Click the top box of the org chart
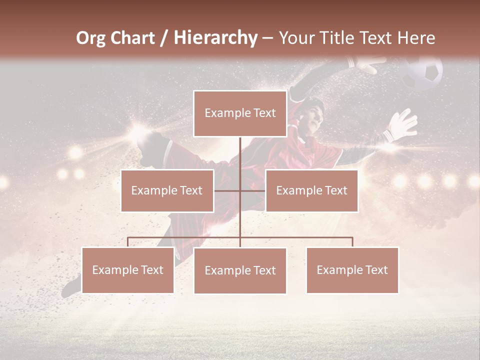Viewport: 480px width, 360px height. pyautogui.click(x=240, y=113)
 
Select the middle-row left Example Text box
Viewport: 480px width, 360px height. pyautogui.click(x=167, y=190)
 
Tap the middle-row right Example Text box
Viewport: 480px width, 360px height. pyautogui.click(x=311, y=190)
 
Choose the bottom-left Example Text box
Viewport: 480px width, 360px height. pyautogui.click(x=127, y=270)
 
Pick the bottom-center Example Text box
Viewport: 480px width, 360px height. pyautogui.click(x=240, y=270)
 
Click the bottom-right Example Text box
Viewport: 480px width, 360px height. pyautogui.click(x=352, y=270)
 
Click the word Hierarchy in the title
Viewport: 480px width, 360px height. pyautogui.click(x=215, y=37)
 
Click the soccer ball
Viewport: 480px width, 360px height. pyautogui.click(x=422, y=73)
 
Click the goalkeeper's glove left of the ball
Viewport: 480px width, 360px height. pyautogui.click(x=367, y=64)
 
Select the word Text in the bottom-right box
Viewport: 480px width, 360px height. pyautogui.click(x=376, y=270)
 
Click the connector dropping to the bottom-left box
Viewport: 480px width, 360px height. pyautogui.click(x=127, y=242)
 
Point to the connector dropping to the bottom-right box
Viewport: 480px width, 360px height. pyautogui.click(x=352, y=242)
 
